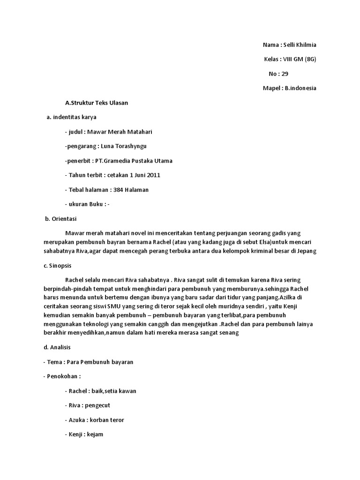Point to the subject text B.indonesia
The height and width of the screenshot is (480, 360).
pos(300,88)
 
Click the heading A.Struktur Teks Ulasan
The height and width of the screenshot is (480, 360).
pos(97,103)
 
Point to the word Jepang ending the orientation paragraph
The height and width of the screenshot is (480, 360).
pos(307,251)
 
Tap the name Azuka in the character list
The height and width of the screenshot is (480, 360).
pos(76,420)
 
